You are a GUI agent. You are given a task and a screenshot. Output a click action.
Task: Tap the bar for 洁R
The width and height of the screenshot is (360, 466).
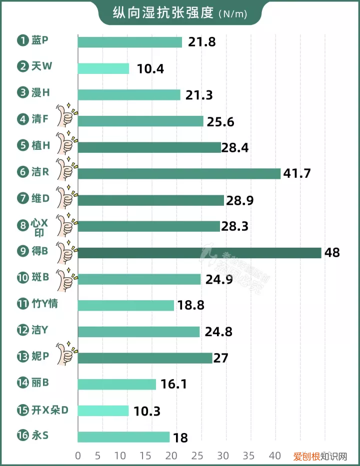pos(179,173)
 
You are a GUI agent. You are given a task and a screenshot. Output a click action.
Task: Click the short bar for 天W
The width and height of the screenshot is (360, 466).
pos(103,68)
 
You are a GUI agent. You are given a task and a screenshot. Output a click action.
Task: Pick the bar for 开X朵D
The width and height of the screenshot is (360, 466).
pos(103,411)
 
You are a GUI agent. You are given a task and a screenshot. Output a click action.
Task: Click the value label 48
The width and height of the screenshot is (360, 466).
pos(331,253)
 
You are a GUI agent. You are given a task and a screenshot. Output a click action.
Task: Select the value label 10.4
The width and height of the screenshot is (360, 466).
pos(150,68)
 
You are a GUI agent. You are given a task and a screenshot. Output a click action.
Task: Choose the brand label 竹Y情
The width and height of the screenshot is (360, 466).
pos(43,303)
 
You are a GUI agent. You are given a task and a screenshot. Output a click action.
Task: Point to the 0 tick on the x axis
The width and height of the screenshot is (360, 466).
pos(78,456)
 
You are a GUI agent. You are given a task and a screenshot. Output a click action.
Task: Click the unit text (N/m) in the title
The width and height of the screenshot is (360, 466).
pos(232,13)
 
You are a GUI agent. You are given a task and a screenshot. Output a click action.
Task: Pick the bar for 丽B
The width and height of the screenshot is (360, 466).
pos(117,384)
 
